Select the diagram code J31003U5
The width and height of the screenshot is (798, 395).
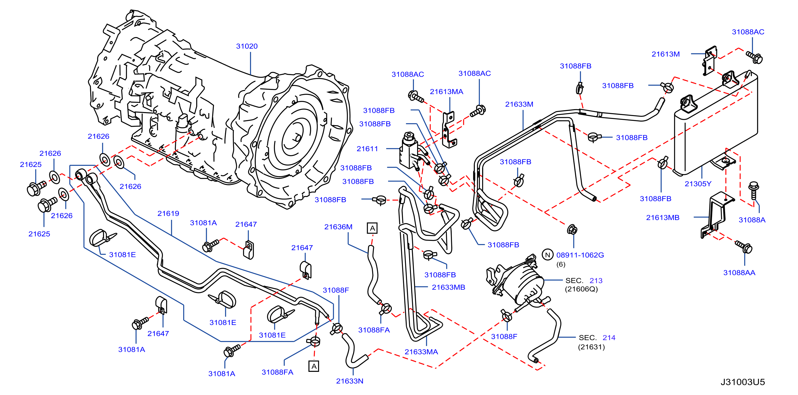click(x=743, y=382)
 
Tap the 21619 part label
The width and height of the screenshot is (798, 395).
click(x=168, y=213)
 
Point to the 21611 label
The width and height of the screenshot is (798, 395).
click(x=367, y=149)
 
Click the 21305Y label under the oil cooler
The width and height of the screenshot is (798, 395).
click(x=698, y=184)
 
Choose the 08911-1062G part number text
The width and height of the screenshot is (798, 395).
click(x=580, y=255)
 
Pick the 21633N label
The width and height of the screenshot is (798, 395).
click(x=350, y=381)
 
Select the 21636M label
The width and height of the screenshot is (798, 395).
click(x=338, y=227)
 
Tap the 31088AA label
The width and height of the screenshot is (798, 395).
click(x=739, y=273)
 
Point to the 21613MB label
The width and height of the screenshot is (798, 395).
click(x=663, y=217)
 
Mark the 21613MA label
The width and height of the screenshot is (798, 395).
click(x=446, y=92)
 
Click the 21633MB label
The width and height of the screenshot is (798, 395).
click(x=449, y=287)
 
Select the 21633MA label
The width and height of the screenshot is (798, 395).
click(x=421, y=352)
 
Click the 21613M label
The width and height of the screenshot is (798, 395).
click(x=666, y=54)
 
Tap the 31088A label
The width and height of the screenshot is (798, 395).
click(x=752, y=220)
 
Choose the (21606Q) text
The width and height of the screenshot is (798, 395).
click(x=581, y=289)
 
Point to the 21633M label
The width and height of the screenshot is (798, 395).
click(x=519, y=104)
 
